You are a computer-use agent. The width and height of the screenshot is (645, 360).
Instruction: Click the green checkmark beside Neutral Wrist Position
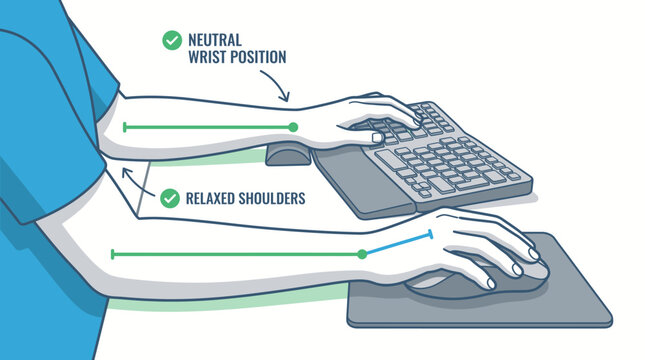point(171,40)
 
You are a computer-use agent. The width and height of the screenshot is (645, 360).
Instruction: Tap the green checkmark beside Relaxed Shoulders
point(171,198)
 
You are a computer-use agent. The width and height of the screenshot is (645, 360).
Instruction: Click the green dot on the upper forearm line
point(293,127)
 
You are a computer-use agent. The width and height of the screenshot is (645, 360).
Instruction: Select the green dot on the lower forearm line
point(362,254)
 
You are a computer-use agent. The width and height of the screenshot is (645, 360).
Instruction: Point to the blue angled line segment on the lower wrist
point(397,244)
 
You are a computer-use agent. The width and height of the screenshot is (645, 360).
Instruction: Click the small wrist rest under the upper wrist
point(289,155)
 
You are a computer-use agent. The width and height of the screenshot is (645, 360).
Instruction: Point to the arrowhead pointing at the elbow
point(124,173)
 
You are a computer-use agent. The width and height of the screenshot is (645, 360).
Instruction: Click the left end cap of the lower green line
point(112,254)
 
